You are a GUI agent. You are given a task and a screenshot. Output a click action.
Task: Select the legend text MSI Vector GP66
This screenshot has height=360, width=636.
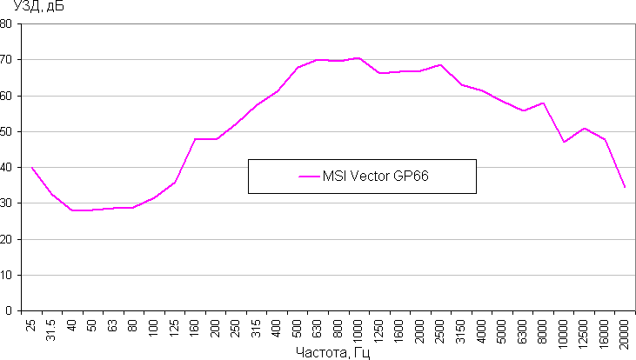click(x=377, y=176)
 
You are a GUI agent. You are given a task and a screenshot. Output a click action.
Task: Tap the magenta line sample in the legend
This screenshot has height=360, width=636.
click(x=309, y=176)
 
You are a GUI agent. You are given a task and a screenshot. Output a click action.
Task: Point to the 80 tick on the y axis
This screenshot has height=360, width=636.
click(x=7, y=24)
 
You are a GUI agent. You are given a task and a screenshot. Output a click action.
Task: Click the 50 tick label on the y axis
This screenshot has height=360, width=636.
click(x=7, y=131)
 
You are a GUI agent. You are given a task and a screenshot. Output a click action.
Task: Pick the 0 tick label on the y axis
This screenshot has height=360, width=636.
click(x=10, y=310)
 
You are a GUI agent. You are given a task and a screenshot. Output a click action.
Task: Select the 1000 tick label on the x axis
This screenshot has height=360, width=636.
click(x=358, y=332)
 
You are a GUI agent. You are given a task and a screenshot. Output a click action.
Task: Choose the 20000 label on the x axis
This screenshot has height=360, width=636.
click(x=624, y=334)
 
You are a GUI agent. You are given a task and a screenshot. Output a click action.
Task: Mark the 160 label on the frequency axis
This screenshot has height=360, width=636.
click(x=196, y=330)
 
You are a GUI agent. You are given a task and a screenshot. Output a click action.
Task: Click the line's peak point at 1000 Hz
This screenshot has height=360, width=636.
click(x=358, y=58)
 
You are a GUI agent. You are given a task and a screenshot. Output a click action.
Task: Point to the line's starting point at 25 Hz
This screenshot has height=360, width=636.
click(x=32, y=168)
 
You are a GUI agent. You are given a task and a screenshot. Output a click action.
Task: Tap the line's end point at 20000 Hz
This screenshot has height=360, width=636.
click(x=625, y=187)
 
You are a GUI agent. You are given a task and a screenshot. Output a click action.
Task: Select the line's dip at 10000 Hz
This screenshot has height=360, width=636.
click(x=564, y=142)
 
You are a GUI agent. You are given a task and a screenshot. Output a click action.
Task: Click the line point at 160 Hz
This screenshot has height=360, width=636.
click(x=196, y=139)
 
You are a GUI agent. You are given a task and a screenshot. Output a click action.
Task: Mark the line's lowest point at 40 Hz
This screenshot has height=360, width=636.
click(x=73, y=210)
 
